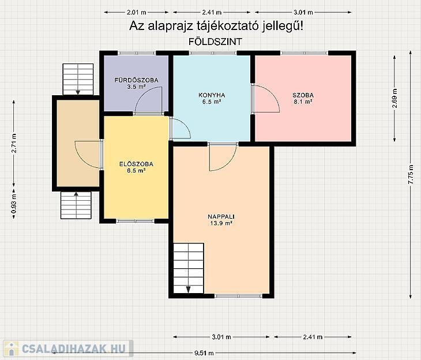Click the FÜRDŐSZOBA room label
(x=136, y=80)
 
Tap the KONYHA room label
(x=212, y=95)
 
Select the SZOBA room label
(x=303, y=95)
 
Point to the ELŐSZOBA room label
(x=136, y=164)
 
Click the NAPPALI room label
(x=221, y=216)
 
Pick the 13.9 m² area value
(x=221, y=223)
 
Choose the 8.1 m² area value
(x=303, y=102)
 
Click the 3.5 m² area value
(x=136, y=87)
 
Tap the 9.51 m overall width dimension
(x=204, y=353)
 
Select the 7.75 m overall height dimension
(x=411, y=175)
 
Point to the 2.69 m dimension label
(x=394, y=98)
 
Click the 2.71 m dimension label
(x=14, y=143)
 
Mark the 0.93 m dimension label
(x=14, y=204)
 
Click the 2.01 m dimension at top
(x=137, y=12)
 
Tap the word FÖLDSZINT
(x=215, y=42)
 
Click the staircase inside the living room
(x=189, y=268)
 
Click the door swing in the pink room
(x=267, y=99)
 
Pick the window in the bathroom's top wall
(x=137, y=53)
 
